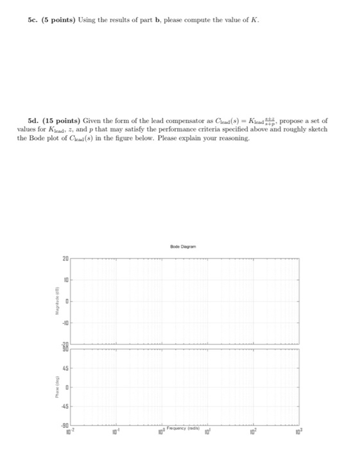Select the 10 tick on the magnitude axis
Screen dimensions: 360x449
(x=65, y=280)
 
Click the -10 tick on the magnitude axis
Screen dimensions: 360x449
(x=64, y=324)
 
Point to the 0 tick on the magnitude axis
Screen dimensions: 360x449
(x=66, y=301)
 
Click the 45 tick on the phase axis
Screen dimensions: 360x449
(x=65, y=368)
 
